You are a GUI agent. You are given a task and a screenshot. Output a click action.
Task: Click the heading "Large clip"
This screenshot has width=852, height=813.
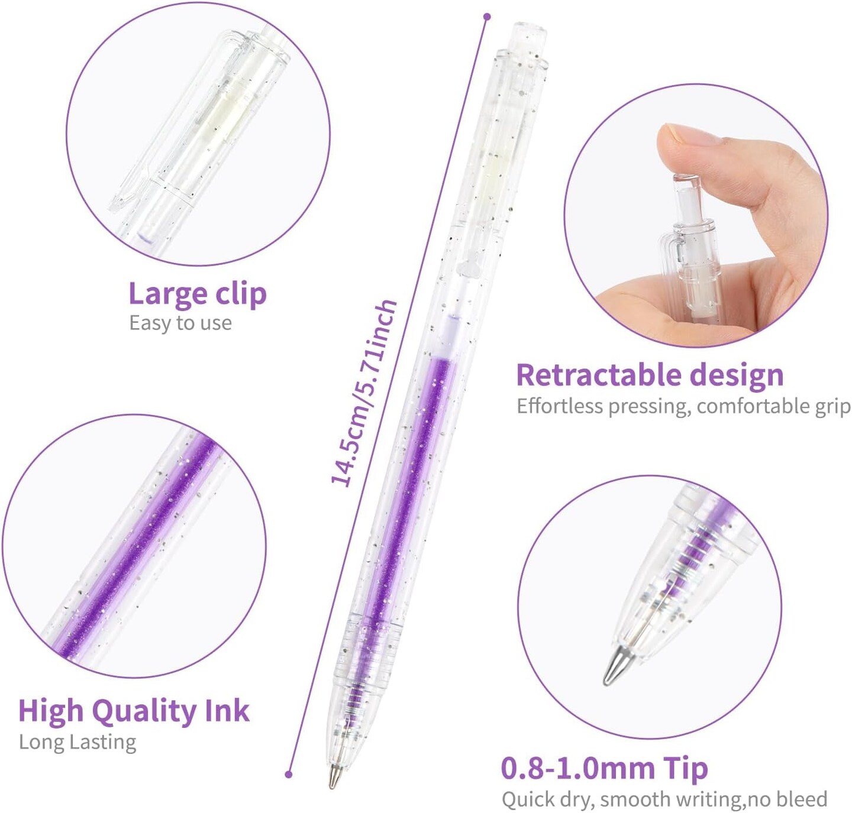(197, 294)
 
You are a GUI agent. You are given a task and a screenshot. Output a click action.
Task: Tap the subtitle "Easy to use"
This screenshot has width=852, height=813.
(180, 323)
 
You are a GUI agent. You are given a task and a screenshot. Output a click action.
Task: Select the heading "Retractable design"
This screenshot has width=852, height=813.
(650, 375)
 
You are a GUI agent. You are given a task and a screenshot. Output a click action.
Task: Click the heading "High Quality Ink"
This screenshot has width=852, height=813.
(134, 710)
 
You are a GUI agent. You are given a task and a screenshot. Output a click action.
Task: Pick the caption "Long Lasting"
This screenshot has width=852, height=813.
(78, 741)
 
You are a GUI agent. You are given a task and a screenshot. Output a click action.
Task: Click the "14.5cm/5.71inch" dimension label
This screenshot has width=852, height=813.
(363, 393)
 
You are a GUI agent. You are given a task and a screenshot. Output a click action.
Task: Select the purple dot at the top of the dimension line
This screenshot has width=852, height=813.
(487, 17)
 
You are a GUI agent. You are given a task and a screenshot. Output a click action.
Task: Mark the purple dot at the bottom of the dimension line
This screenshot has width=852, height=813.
(289, 774)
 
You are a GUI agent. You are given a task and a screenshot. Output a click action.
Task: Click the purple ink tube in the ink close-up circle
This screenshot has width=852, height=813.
(136, 547)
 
